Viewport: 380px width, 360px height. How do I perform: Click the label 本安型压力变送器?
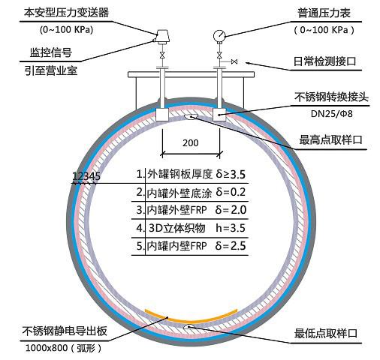[x=66, y=13]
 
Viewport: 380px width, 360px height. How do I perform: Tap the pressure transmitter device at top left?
[x=162, y=37]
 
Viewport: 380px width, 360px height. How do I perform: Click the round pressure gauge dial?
[x=219, y=36]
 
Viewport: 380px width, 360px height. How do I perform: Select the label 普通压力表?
[x=324, y=13]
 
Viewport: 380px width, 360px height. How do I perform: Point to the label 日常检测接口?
[x=324, y=61]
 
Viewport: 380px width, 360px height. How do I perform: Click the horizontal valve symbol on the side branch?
[x=234, y=61]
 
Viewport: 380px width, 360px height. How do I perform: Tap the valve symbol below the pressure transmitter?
[x=162, y=55]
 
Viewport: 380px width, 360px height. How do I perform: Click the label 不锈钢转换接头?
[x=331, y=97]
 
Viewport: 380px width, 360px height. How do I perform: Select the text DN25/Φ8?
[x=331, y=114]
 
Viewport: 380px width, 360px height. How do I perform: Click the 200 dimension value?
[x=191, y=143]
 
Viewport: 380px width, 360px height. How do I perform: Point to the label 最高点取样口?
[x=330, y=139]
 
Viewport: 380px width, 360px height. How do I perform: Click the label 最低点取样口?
[x=325, y=334]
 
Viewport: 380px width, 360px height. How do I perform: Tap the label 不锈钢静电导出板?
[x=65, y=331]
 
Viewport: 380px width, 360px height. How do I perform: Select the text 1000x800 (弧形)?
[x=64, y=348]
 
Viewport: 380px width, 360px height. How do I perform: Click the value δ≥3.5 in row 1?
[x=231, y=175]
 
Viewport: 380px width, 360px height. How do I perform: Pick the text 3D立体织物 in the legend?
[x=177, y=228]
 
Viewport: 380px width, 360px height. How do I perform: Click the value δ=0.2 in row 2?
[x=231, y=192]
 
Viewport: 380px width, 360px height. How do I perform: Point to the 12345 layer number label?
[x=86, y=176]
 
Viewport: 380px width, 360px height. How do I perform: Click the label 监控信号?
[x=51, y=52]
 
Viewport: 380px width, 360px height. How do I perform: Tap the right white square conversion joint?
[x=219, y=115]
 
